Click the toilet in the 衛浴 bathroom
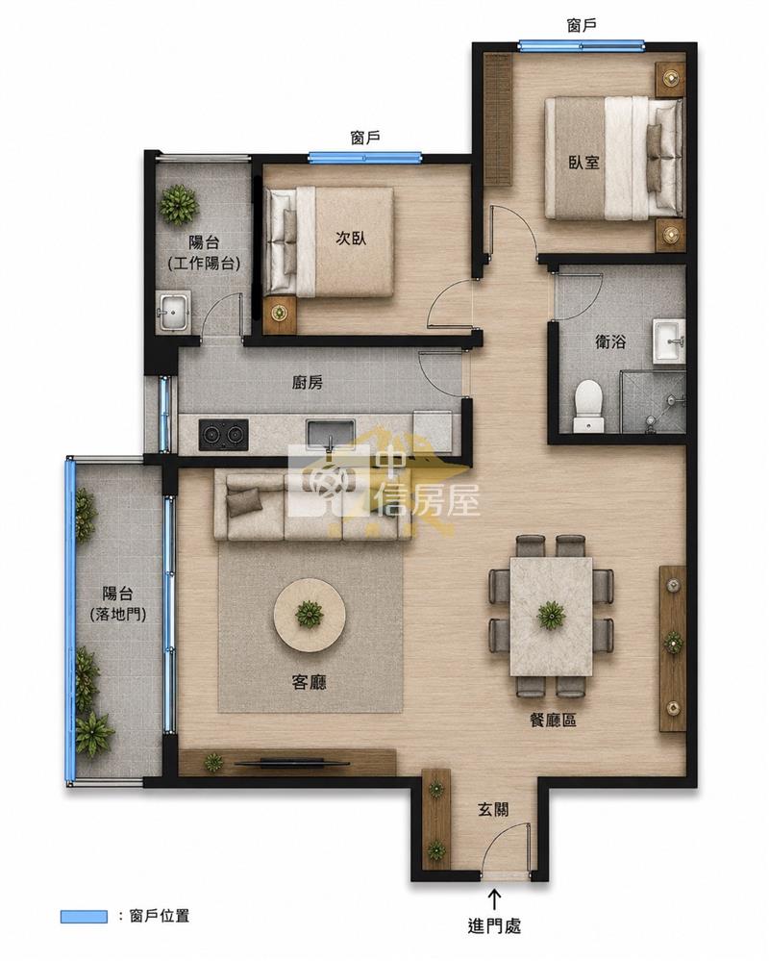[587, 405]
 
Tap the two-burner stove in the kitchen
[223, 435]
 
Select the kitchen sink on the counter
[330, 433]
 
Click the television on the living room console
[291, 764]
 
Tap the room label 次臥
[351, 238]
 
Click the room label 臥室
[583, 162]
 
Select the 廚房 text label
[307, 383]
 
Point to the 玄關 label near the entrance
[493, 810]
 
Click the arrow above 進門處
[493, 899]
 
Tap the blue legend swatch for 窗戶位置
[84, 917]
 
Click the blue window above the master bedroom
[581, 45]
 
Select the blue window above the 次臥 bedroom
[365, 157]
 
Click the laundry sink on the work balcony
[173, 311]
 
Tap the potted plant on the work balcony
[178, 204]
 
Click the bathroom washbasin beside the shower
[668, 341]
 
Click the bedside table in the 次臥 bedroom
[280, 315]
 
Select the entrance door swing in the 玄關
[506, 847]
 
